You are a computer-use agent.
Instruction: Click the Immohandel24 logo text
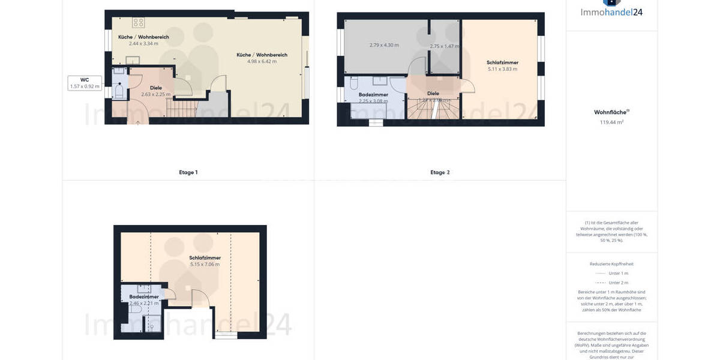click(611, 12)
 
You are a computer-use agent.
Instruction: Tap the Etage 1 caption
click(188, 172)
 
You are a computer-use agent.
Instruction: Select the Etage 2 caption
click(439, 172)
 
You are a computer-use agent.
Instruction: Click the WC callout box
click(85, 83)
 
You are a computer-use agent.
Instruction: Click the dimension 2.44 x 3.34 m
click(143, 43)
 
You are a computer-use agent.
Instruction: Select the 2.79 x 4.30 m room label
click(384, 45)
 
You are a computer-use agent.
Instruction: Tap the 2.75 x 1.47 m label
click(444, 46)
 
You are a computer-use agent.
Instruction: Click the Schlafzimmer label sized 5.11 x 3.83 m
click(502, 65)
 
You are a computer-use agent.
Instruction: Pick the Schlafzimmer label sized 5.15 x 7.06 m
click(205, 261)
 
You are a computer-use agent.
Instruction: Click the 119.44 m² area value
click(611, 122)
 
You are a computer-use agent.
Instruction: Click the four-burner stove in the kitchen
click(139, 23)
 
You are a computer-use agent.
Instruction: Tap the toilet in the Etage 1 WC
click(119, 92)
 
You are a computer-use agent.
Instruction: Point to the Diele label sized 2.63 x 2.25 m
click(155, 91)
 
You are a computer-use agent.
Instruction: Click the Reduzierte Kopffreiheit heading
click(611, 264)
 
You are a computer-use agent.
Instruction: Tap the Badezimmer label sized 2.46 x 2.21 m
click(144, 300)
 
